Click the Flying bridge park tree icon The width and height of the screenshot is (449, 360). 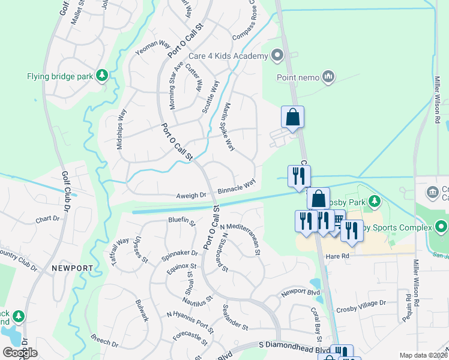pyautogui.click(x=103, y=75)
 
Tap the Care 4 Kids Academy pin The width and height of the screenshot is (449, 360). pyautogui.click(x=277, y=56)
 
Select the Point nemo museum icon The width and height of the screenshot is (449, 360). pyautogui.click(x=328, y=76)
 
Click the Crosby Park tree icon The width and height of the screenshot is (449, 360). pyautogui.click(x=375, y=200)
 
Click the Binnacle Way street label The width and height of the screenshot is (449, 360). pyautogui.click(x=237, y=185)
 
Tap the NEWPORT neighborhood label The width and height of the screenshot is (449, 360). pyautogui.click(x=72, y=268)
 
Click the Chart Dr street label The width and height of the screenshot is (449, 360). pyautogui.click(x=48, y=219)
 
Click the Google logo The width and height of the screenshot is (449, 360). pyautogui.click(x=20, y=352)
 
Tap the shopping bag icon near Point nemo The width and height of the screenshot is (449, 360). pyautogui.click(x=292, y=116)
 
